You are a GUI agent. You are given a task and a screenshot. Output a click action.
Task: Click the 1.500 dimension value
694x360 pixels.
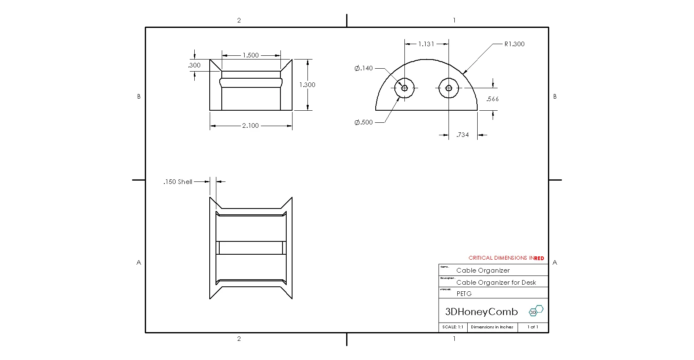tap(250, 55)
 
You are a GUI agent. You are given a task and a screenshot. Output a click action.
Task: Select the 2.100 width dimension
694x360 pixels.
tap(250, 126)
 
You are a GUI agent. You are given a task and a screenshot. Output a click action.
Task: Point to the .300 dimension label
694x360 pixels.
tap(194, 65)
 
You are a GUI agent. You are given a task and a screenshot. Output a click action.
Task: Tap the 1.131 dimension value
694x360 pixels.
tap(426, 44)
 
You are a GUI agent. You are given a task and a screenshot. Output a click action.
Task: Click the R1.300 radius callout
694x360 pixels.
tap(514, 44)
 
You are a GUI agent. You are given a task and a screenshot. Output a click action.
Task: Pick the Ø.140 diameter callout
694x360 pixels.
tap(364, 68)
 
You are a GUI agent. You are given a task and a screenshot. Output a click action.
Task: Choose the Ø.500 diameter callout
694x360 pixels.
tap(364, 122)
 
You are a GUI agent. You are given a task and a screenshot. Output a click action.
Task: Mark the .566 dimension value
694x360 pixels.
tap(492, 99)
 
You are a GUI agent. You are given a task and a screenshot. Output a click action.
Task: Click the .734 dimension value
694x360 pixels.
tap(462, 135)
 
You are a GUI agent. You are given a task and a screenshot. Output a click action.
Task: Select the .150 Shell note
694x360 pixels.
tap(178, 182)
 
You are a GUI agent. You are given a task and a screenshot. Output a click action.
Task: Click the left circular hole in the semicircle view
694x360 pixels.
tap(404, 88)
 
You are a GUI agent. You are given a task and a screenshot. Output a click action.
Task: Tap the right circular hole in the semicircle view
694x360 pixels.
tap(449, 88)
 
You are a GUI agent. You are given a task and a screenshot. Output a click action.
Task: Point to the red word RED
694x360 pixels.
tap(539, 258)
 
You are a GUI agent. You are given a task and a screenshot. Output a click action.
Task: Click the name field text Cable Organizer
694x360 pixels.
tap(483, 271)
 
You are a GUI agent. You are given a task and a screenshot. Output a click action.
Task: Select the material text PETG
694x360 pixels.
tap(464, 294)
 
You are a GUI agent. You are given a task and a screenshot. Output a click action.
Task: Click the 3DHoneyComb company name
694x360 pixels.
tap(481, 312)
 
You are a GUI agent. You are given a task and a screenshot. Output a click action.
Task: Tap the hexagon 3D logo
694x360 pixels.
tap(536, 311)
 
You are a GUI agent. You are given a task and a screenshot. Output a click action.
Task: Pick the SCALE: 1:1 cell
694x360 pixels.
tap(453, 327)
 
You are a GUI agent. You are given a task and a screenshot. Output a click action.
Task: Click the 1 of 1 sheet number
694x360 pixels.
tap(533, 327)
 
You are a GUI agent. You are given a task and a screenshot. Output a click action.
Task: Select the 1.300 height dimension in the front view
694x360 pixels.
tap(307, 85)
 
